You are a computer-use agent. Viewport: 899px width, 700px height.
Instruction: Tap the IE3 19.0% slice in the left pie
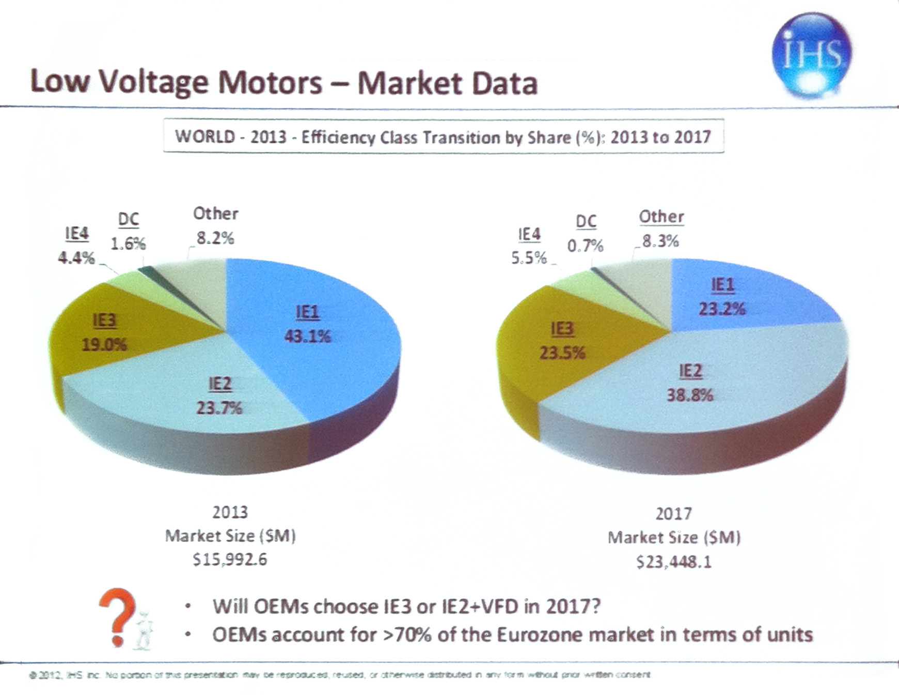click(x=103, y=333)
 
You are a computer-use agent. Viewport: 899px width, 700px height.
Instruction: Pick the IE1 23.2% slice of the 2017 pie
click(x=733, y=300)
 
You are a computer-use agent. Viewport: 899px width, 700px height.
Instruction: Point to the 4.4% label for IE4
click(x=76, y=257)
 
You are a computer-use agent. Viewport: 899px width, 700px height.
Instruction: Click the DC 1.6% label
click(x=128, y=243)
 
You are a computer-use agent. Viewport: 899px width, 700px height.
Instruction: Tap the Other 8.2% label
click(x=215, y=238)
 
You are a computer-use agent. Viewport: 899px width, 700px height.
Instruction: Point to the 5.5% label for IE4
click(x=529, y=257)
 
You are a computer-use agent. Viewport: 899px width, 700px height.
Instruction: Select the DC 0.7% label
click(x=585, y=246)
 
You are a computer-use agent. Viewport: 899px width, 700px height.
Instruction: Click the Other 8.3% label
click(x=660, y=241)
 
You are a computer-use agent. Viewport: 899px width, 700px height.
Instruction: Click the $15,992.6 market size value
click(x=230, y=560)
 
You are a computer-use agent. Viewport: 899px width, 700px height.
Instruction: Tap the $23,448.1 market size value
click(x=673, y=562)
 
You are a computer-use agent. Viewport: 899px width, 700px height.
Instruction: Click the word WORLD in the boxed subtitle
click(x=204, y=136)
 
